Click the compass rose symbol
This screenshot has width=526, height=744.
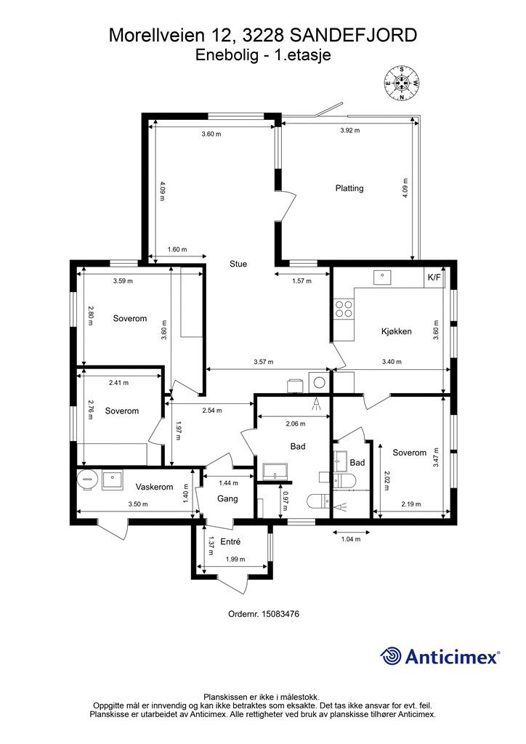tap(402, 83)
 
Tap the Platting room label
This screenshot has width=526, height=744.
tap(349, 188)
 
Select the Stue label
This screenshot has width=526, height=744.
tap(238, 264)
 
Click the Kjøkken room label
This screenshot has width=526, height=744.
tap(396, 331)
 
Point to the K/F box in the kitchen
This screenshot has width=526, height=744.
tap(434, 278)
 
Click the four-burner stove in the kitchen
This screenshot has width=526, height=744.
tap(344, 309)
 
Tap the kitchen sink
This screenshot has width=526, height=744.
tap(381, 277)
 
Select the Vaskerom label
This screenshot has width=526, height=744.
tap(154, 487)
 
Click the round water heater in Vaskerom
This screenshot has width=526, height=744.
tap(86, 480)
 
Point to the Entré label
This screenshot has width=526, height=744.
tap(230, 541)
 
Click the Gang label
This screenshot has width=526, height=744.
tap(227, 498)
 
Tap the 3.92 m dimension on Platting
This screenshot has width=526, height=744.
tap(350, 131)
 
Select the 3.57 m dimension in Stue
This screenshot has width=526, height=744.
tap(263, 362)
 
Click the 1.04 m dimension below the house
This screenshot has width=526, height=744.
tap(351, 539)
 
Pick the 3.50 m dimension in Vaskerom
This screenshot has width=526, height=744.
tap(138, 504)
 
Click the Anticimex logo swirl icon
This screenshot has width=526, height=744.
tap(390, 656)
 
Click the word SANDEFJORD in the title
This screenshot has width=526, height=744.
tap(353, 36)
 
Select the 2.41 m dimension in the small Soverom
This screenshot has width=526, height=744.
tap(118, 383)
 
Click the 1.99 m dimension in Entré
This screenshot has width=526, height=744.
tap(235, 559)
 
